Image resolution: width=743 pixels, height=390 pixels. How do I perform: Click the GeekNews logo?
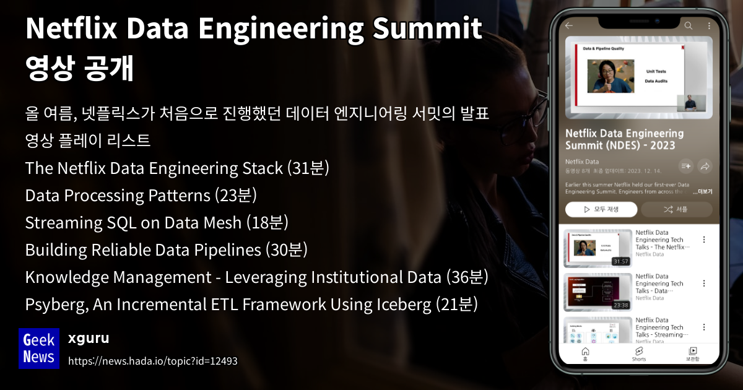pyautogui.click(x=39, y=348)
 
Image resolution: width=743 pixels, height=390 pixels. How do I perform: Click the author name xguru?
pyautogui.click(x=89, y=338)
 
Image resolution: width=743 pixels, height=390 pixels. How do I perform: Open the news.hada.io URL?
pyautogui.click(x=152, y=360)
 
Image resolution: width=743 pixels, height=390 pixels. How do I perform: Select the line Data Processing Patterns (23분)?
pyautogui.click(x=141, y=196)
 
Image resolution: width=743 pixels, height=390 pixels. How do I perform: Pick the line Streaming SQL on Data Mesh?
pyautogui.click(x=157, y=223)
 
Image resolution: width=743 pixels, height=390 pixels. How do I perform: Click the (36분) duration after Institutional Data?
pyautogui.click(x=467, y=277)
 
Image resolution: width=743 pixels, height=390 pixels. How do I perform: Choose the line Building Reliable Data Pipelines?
pyautogui.click(x=167, y=250)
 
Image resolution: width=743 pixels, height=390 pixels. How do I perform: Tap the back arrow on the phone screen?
pyautogui.click(x=569, y=26)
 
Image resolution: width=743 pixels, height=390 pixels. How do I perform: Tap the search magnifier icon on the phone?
pyautogui.click(x=689, y=26)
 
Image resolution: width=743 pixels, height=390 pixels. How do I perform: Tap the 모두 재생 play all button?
pyautogui.click(x=601, y=209)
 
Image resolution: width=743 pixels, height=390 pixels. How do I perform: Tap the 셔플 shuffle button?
pyautogui.click(x=676, y=209)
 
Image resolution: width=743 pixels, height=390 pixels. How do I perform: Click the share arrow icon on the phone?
pyautogui.click(x=705, y=166)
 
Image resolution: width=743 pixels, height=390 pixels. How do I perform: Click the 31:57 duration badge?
pyautogui.click(x=620, y=261)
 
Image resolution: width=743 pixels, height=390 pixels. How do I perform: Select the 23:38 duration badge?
pyautogui.click(x=620, y=305)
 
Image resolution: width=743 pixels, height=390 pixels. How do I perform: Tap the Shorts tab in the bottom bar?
pyautogui.click(x=639, y=354)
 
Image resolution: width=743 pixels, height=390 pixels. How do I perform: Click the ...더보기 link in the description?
pyautogui.click(x=702, y=192)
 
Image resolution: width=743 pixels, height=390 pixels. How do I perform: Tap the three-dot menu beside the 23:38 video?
pyautogui.click(x=704, y=284)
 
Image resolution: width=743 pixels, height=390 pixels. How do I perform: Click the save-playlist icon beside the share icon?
pyautogui.click(x=685, y=166)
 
